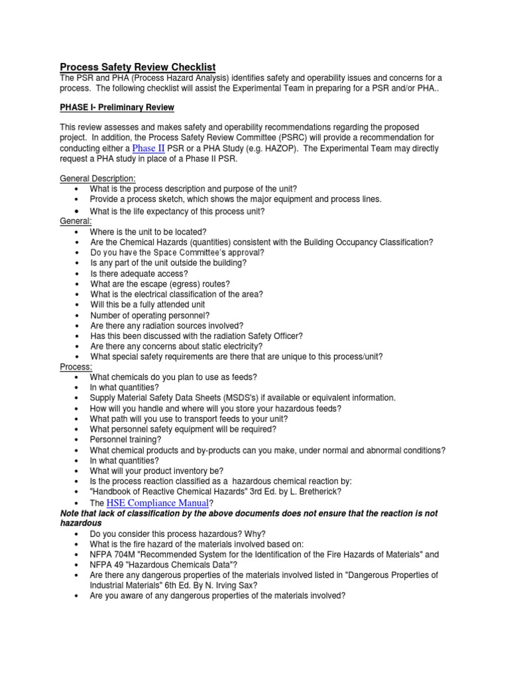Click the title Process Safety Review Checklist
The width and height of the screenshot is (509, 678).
tap(138, 67)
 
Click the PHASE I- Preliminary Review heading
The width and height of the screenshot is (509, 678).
tap(117, 107)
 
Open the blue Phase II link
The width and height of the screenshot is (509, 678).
tap(149, 148)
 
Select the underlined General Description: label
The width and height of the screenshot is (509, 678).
tap(97, 179)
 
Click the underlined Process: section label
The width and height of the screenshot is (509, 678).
tap(76, 367)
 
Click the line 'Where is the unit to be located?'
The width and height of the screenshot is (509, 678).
tap(149, 232)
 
